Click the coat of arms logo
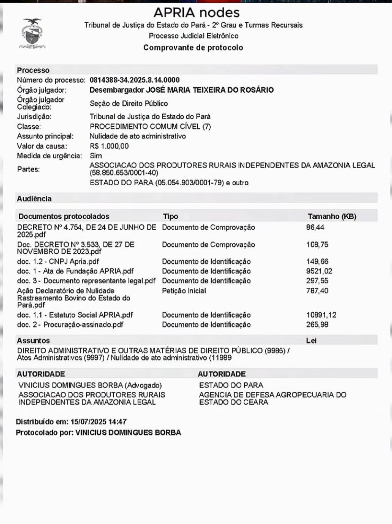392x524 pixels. [x=32, y=34]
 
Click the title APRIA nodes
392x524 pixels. [x=196, y=12]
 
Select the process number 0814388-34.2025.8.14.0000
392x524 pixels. [x=134, y=80]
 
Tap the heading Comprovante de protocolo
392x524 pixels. [x=193, y=48]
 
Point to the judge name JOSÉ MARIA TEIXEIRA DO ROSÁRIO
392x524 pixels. [x=209, y=90]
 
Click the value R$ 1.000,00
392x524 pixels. [x=109, y=146]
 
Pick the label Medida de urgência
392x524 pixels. [x=50, y=156]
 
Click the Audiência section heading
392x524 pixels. [x=34, y=199]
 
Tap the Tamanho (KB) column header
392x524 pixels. [x=332, y=217]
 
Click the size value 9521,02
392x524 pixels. [x=317, y=271]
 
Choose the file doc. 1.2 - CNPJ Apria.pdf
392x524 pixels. [x=58, y=262]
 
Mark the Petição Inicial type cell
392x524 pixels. [x=184, y=291]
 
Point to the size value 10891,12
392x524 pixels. [x=321, y=315]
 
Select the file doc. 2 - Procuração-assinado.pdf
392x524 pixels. [x=70, y=325]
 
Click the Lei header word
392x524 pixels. [x=311, y=341]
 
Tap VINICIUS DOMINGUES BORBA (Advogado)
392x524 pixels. [x=90, y=385]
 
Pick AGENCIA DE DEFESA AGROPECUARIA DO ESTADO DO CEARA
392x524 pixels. [x=272, y=398]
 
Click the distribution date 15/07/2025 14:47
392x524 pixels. [x=98, y=422]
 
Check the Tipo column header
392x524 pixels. [x=171, y=217]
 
